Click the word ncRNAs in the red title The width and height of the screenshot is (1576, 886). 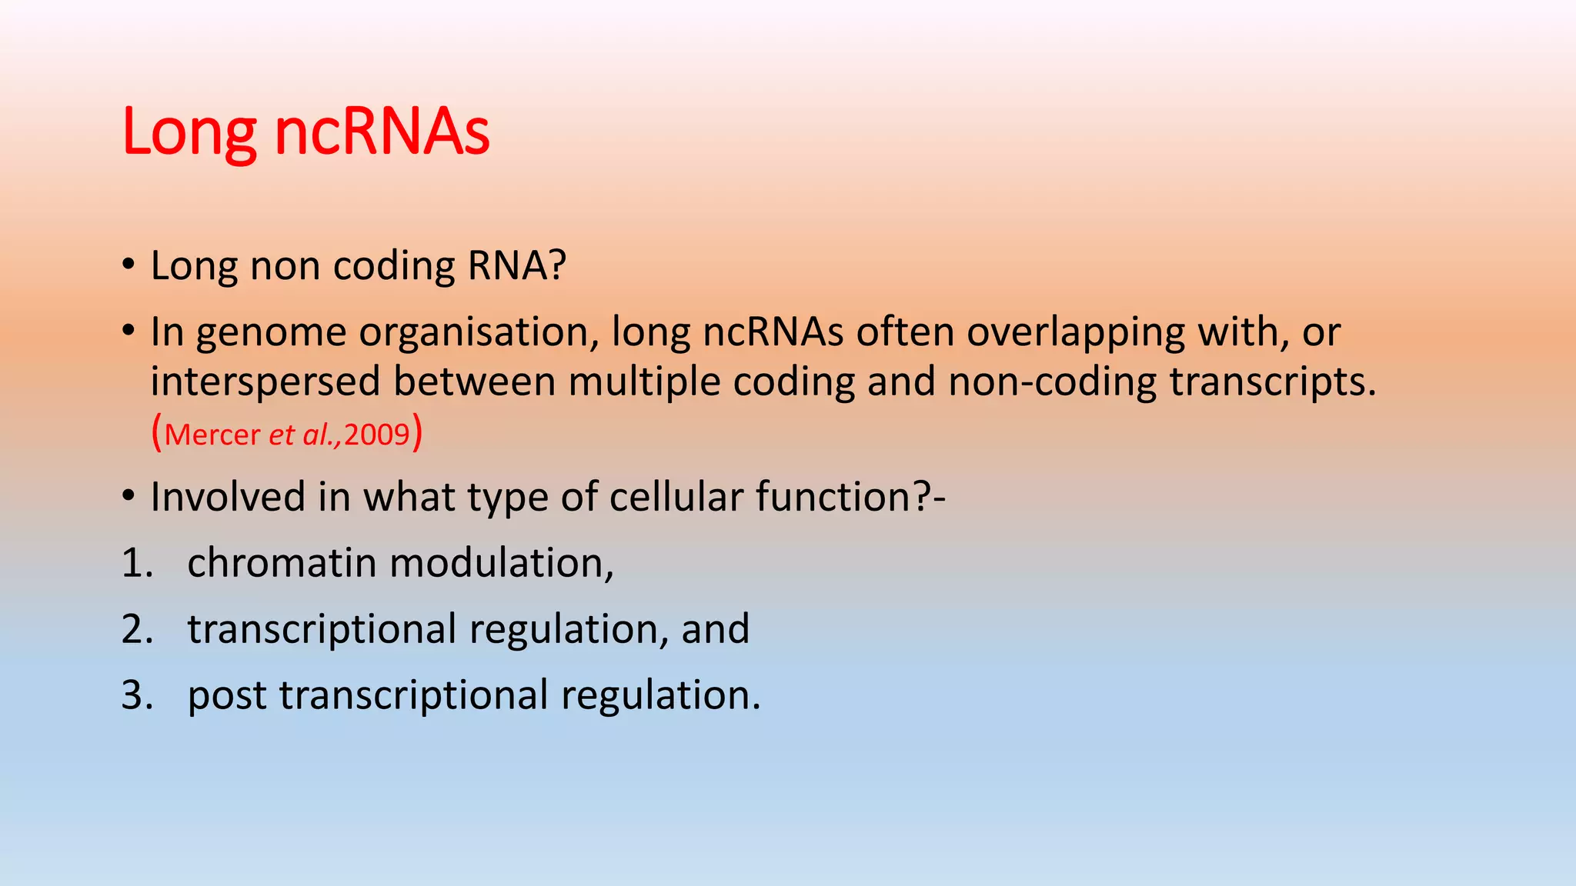coord(382,132)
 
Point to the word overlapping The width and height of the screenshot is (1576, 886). coord(1075,334)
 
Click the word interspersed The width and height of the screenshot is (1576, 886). coord(265,382)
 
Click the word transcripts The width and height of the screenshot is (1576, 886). coord(1271,382)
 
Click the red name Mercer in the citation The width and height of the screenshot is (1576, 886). coord(212,435)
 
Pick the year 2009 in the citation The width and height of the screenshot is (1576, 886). coord(376,435)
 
